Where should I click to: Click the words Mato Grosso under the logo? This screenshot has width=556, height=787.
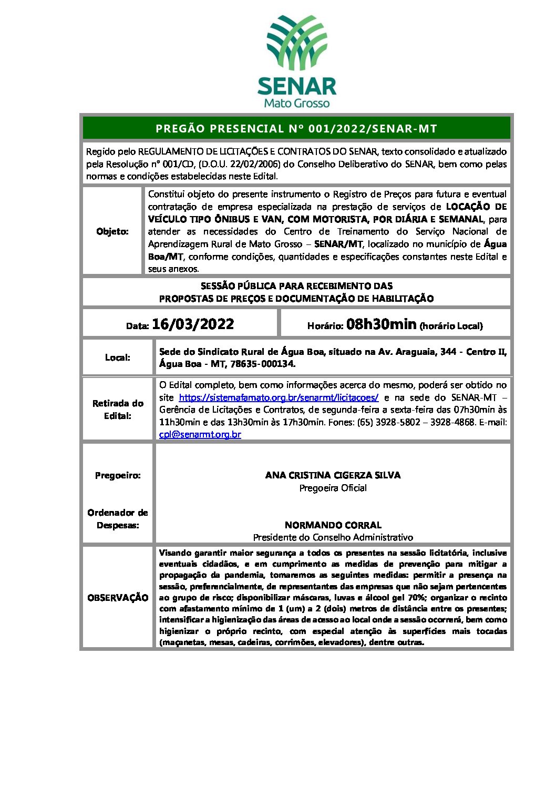point(297,103)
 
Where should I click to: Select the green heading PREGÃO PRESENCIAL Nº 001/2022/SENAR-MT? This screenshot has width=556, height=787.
point(296,129)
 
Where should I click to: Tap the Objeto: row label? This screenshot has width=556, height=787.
point(112,231)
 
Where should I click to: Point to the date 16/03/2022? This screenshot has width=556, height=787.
point(193,324)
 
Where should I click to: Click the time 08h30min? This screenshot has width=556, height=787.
point(381,324)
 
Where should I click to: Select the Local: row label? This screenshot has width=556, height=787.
point(118,357)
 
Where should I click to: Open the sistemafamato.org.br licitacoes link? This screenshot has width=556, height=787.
point(279,397)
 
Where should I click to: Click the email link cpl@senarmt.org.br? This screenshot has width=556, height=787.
point(200,435)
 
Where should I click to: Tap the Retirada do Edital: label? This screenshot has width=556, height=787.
point(118,410)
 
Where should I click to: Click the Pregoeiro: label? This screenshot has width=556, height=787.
point(118,475)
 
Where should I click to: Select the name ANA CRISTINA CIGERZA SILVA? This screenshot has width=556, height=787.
point(333,475)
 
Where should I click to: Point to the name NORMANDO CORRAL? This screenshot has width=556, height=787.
point(333,525)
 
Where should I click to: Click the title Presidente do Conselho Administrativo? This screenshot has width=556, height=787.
point(333,537)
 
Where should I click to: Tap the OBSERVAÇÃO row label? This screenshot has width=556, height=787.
point(118,598)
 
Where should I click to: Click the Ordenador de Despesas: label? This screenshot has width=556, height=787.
point(118,519)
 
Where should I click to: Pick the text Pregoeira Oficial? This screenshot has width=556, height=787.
point(333,488)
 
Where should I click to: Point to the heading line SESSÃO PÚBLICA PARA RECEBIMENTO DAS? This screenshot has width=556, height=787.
point(296,286)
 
